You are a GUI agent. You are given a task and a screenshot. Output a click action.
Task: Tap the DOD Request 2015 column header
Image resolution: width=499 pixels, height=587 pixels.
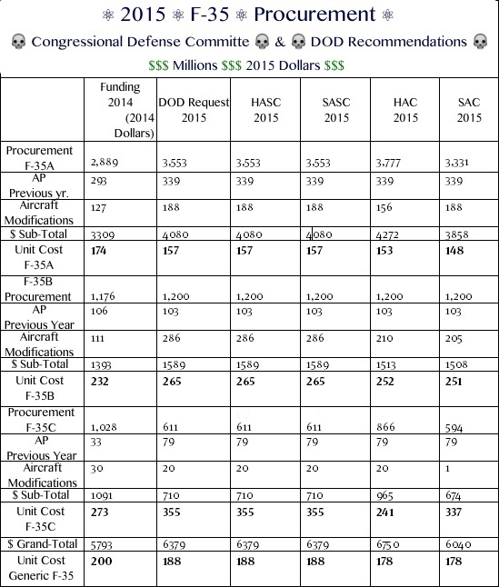pos(193,110)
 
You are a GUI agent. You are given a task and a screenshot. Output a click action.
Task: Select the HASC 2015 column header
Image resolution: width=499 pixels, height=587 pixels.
pos(265,110)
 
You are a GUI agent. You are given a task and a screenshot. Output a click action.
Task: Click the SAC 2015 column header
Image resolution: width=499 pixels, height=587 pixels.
pos(468,110)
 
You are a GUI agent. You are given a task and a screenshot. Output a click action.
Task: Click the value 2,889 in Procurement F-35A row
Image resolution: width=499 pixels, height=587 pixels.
pos(105,162)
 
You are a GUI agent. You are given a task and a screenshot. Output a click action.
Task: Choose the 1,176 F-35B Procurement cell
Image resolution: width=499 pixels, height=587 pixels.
pos(105,296)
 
